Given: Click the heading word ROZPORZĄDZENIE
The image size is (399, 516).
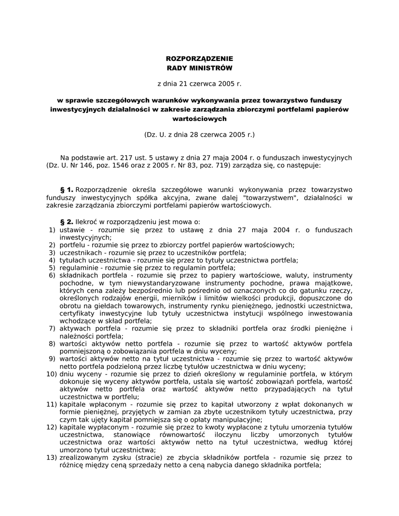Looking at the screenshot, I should pos(199,59).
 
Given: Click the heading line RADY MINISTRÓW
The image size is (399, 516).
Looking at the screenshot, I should pos(199,68).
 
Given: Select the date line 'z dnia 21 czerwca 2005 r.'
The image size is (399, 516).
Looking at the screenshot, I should pos(199,83).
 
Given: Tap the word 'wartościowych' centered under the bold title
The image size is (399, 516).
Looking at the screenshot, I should pos(199,118).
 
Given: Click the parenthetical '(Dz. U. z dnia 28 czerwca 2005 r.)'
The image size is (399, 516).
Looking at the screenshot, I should pos(199,135).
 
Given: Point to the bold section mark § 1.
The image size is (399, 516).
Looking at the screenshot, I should pos(67,189).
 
